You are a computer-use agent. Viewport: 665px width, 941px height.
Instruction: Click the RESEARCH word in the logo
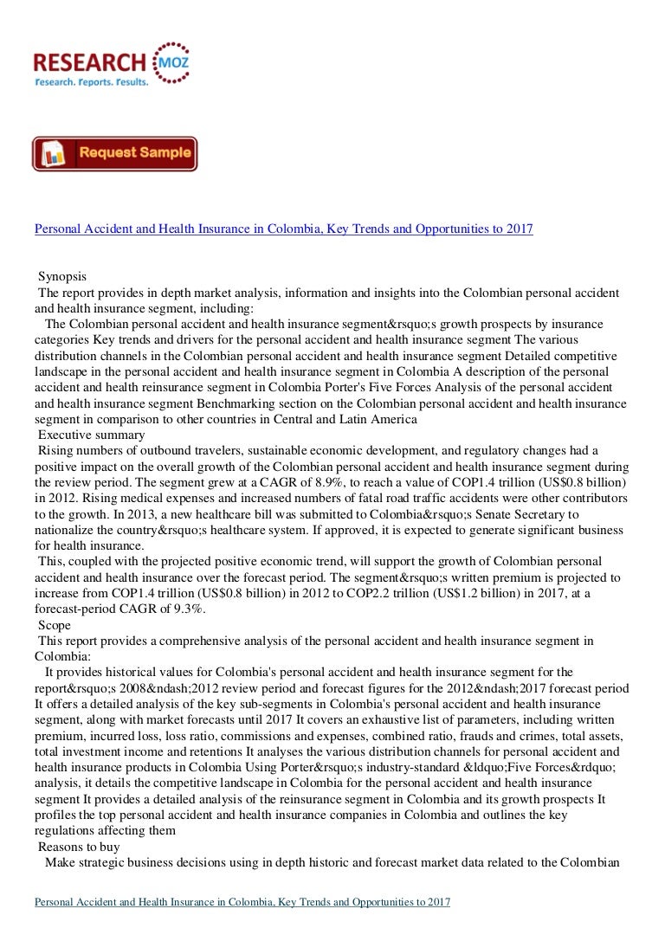89,62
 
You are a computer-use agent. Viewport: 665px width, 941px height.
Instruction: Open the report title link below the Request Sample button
283,229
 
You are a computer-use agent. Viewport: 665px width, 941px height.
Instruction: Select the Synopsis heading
62,277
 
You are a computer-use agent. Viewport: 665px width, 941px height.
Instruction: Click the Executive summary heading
92,435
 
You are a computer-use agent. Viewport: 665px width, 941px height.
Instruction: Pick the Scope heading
55,624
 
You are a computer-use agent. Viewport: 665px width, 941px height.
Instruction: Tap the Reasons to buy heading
79,846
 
